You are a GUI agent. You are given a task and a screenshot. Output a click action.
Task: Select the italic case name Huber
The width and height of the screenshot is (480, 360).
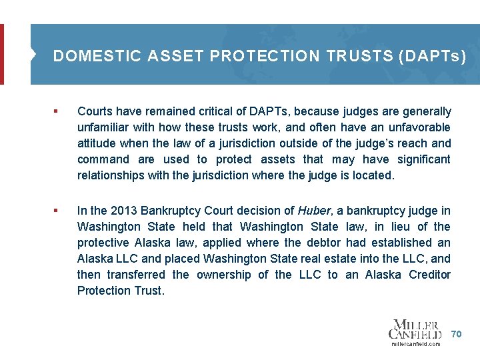click(313, 211)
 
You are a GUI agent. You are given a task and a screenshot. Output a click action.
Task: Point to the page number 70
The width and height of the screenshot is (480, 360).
click(456, 333)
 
